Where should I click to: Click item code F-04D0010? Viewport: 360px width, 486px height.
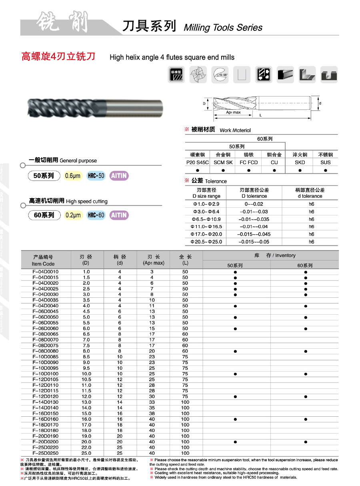pyautogui.click(x=45, y=272)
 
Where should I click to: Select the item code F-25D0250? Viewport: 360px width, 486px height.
pyautogui.click(x=45, y=453)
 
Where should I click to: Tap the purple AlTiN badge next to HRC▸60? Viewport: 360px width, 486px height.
pyautogui.click(x=119, y=215)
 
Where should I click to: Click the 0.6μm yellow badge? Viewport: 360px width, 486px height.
pyautogui.click(x=73, y=176)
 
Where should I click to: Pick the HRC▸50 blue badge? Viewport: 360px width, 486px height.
pyautogui.click(x=96, y=176)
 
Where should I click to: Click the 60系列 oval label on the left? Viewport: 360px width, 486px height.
pyautogui.click(x=44, y=215)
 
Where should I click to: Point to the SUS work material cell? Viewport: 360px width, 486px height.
pyautogui.click(x=326, y=162)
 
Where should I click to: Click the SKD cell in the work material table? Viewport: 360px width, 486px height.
pyautogui.click(x=300, y=162)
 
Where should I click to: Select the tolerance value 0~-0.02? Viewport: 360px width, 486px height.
pyautogui.click(x=254, y=204)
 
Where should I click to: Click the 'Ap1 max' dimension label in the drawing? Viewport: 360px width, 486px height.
pyautogui.click(x=233, y=112)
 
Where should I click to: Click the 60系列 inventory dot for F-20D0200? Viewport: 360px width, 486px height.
pyautogui.click(x=306, y=442)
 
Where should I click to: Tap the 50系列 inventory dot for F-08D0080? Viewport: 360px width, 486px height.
pyautogui.click(x=235, y=351)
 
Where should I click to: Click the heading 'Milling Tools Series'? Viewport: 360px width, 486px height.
pyautogui.click(x=223, y=28)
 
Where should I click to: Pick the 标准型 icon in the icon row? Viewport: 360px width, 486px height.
pyautogui.click(x=176, y=74)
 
